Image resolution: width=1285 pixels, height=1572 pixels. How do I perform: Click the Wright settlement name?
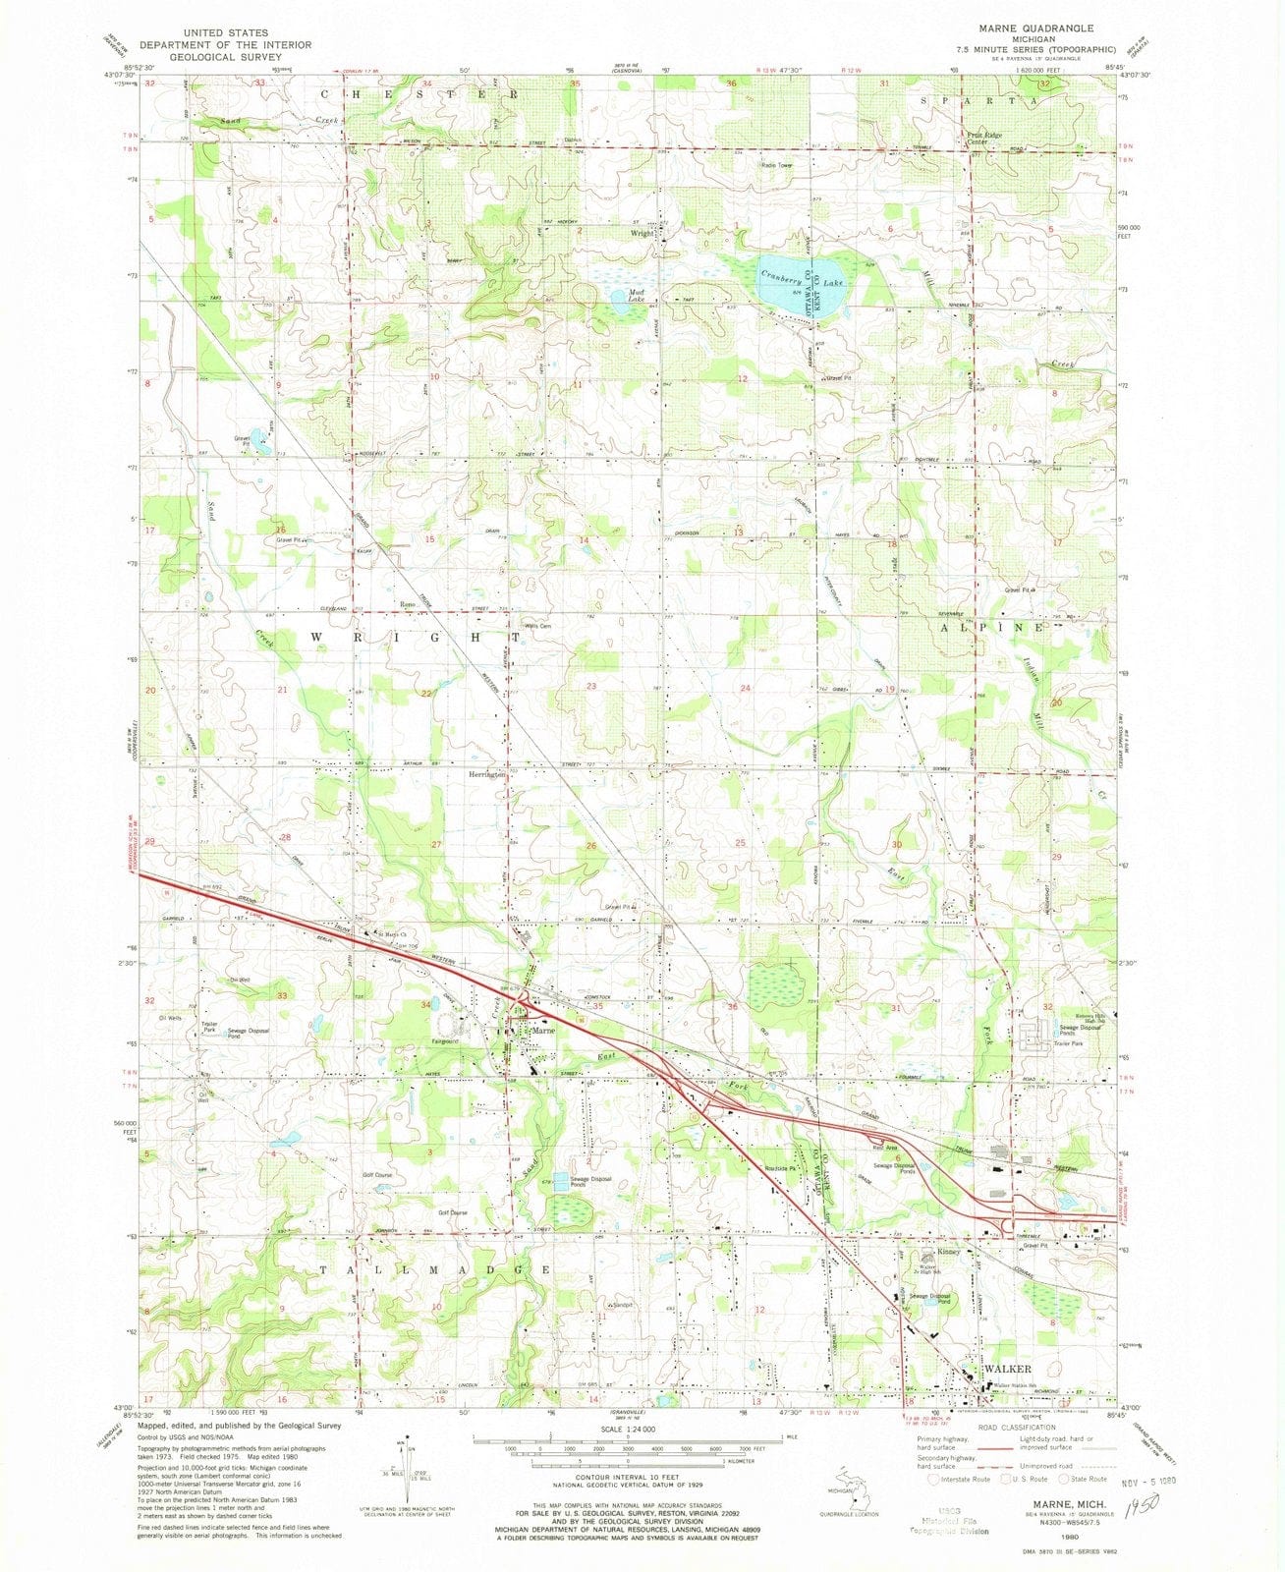(x=642, y=235)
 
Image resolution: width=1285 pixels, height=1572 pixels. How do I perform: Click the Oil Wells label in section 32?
(x=169, y=1018)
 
